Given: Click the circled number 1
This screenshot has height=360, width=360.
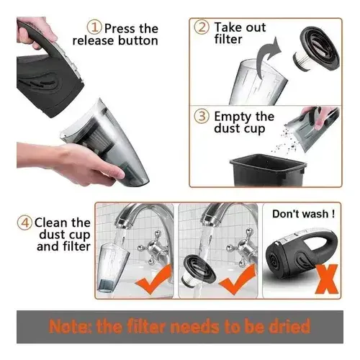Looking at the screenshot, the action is coord(94,27).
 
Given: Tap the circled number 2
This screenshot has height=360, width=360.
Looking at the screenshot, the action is coord(202,27).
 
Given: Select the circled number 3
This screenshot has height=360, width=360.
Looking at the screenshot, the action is coord(202,117).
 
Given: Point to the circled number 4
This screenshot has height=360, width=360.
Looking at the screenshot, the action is coord(24,223).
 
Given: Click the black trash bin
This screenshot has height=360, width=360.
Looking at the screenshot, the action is coord(268,171).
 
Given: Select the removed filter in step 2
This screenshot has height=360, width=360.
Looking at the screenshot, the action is coord(316,48).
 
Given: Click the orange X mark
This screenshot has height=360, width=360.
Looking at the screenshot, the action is coord(327,279).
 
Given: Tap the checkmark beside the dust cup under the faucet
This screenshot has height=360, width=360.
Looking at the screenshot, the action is coord(154,279).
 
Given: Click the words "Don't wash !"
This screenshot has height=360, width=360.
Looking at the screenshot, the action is coord(303,214).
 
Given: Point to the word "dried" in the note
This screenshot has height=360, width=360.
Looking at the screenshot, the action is coord(289,326).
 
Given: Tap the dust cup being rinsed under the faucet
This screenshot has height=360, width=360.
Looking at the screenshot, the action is coord(113,268).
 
